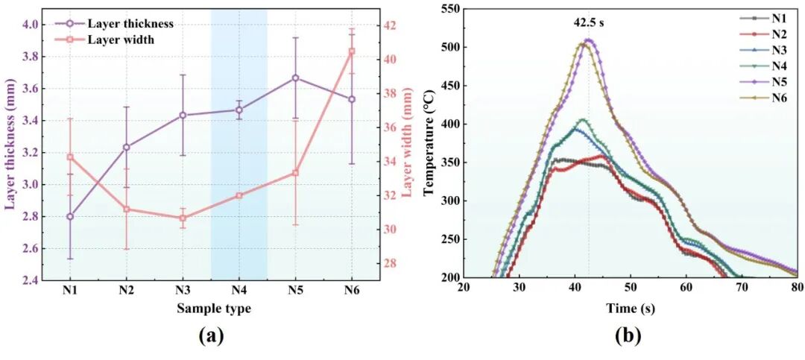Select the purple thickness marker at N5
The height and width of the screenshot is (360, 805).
pos(295,78)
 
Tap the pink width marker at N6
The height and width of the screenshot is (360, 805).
pos(352,51)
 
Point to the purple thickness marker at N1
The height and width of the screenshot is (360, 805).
pos(70,216)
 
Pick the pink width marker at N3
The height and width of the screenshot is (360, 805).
pos(183,218)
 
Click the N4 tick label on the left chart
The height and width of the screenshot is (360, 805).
pos(239,291)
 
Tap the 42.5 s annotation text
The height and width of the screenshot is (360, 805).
pos(588,23)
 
